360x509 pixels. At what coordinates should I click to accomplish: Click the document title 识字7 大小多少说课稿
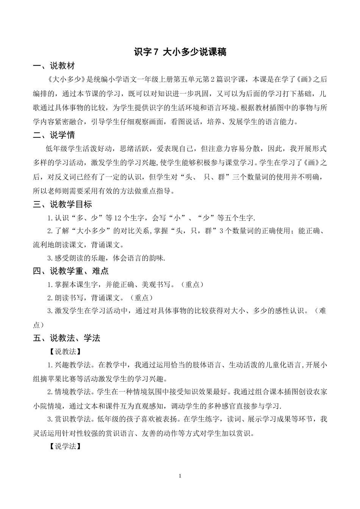click(x=180, y=52)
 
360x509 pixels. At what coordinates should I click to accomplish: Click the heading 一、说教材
click(x=54, y=66)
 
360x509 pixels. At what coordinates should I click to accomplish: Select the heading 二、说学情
click(x=54, y=135)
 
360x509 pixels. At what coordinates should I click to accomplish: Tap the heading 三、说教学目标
click(x=63, y=205)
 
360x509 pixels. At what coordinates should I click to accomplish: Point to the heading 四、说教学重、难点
click(x=71, y=271)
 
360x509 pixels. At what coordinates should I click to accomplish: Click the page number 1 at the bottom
click(x=180, y=476)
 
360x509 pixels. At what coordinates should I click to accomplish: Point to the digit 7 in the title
click(x=154, y=52)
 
